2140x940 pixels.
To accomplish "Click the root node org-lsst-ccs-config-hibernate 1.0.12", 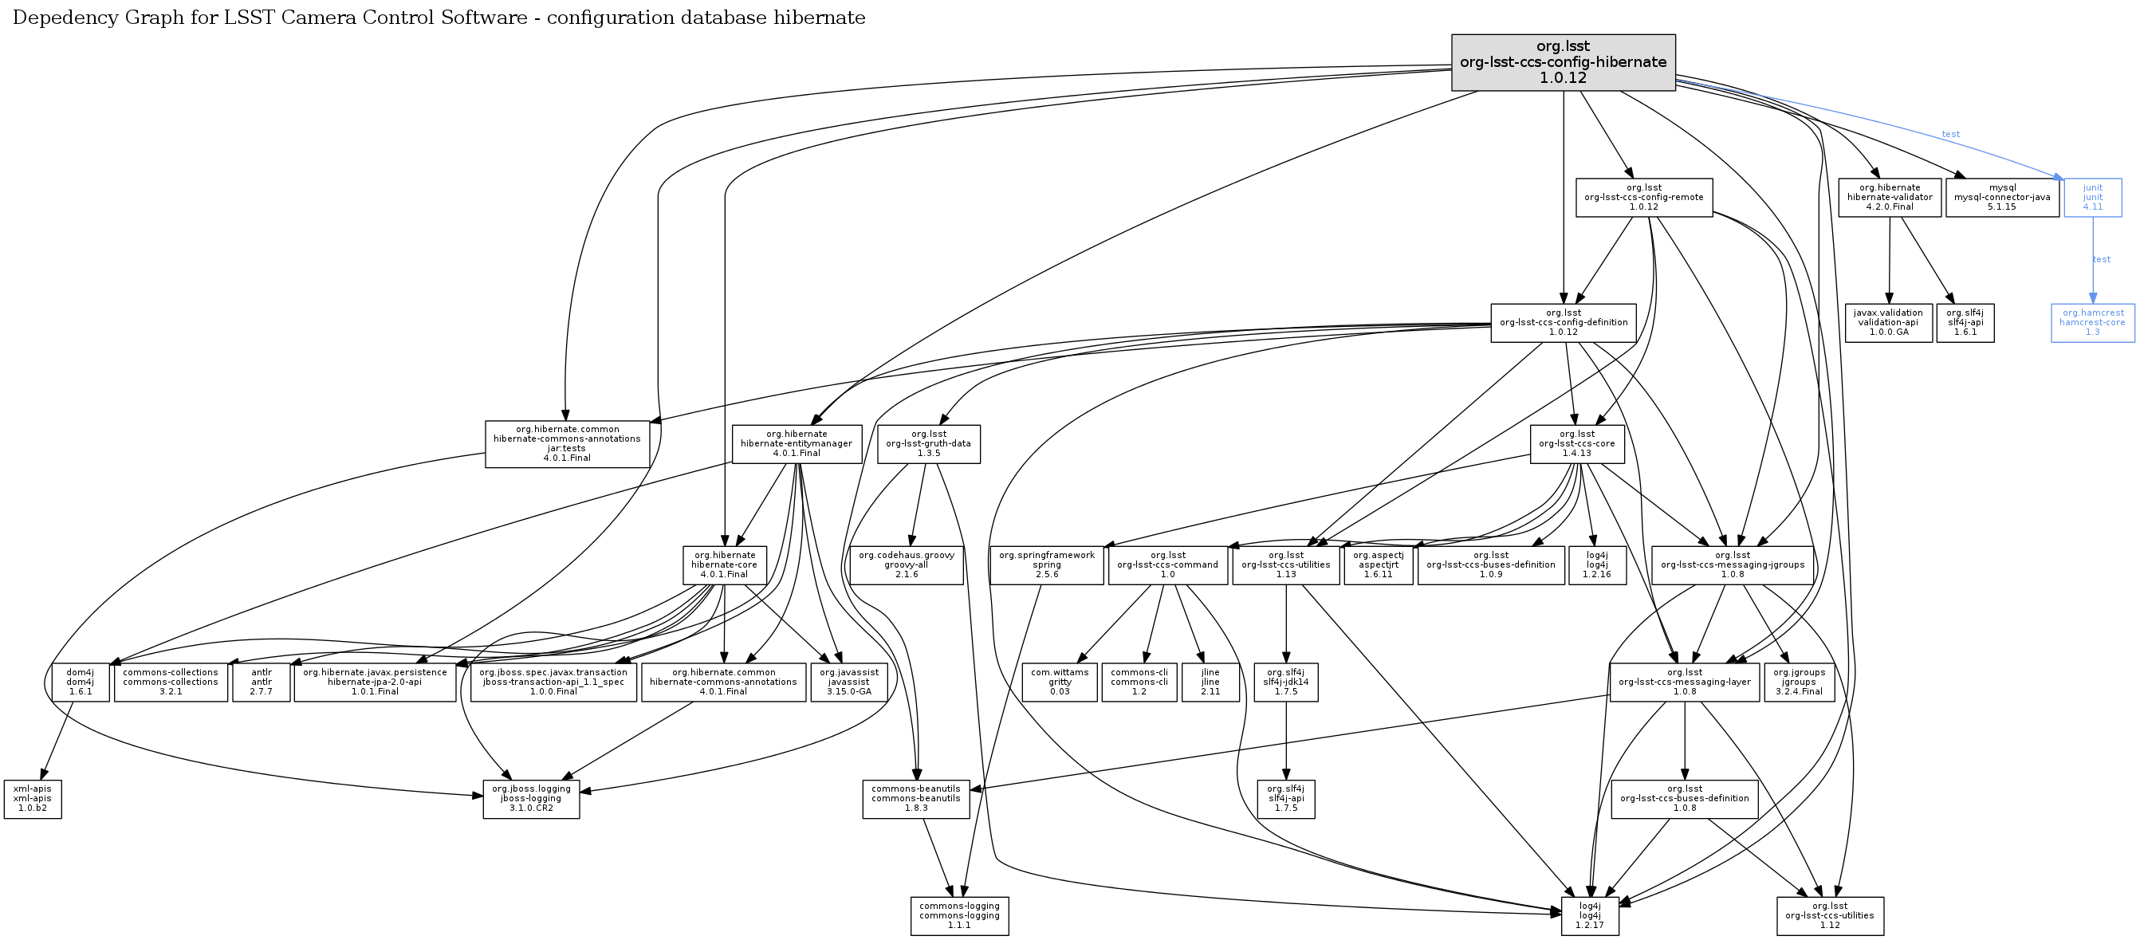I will pos(1563,62).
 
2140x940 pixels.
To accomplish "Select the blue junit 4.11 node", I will pos(2092,198).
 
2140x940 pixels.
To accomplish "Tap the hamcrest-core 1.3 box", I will pos(2092,323).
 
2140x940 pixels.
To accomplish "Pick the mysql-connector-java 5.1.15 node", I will pos(2001,198).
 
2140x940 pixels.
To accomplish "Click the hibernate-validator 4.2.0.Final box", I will pos(1889,198).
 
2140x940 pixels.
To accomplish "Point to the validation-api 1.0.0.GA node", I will pos(1888,323).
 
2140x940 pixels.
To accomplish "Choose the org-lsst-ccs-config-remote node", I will pos(1643,198).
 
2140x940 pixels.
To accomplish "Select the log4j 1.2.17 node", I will pos(1589,916).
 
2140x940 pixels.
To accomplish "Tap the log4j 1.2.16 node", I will pos(1597,564).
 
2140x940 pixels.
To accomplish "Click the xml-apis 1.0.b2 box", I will pos(33,799).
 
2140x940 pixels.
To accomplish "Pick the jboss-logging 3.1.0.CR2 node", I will pos(531,799).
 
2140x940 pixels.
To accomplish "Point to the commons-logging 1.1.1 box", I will pos(958,916).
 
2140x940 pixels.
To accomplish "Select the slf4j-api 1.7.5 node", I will pos(1285,799).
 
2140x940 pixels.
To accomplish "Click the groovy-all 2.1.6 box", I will pos(907,564).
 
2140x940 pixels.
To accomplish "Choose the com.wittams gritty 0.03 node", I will pos(1059,682).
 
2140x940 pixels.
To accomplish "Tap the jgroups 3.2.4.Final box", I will pos(1799,682).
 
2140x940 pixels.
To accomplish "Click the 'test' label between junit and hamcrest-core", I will pos(2101,260).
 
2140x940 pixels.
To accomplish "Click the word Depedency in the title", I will pos(61,18).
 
